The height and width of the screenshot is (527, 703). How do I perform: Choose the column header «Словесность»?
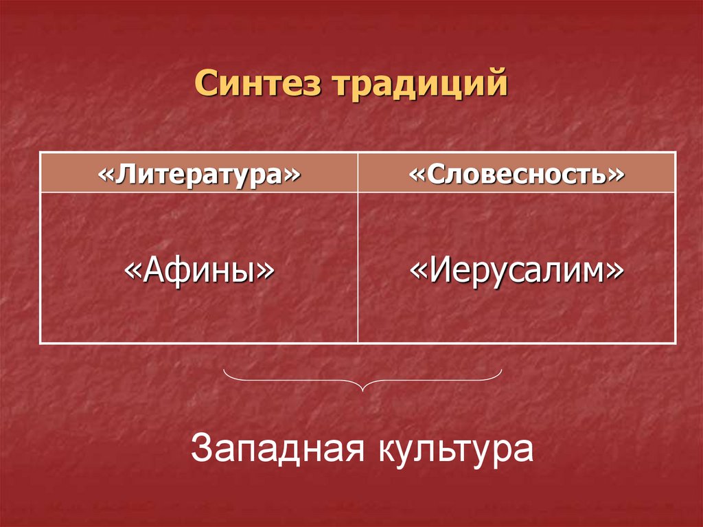point(517,172)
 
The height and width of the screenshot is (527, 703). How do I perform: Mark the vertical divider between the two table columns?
point(358,268)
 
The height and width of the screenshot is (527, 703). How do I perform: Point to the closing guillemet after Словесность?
point(616,173)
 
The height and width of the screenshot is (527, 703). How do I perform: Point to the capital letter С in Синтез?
point(204,85)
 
